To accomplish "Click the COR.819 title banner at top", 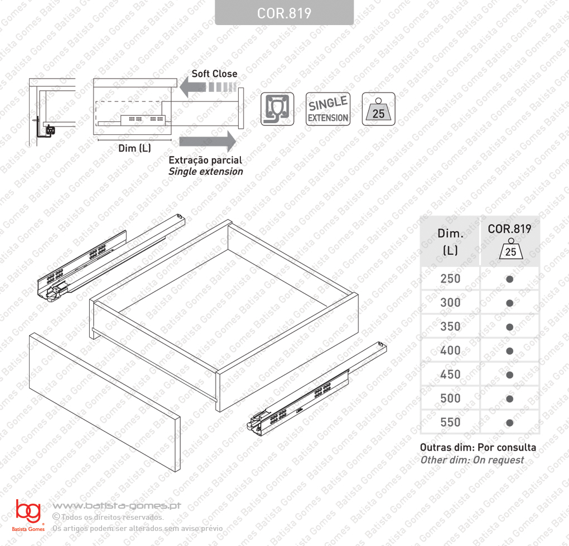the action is tap(284, 13).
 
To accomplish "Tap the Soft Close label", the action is tap(214, 74).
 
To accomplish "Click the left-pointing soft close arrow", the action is tap(208, 87).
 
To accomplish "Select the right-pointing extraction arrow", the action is tap(208, 141).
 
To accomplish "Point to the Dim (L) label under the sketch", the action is tap(134, 148).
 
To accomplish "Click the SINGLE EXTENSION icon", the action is tap(328, 109).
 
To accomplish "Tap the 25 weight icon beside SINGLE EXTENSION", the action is tap(378, 109).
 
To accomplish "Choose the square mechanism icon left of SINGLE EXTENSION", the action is tap(277, 109).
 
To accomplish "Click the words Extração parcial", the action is tap(205, 160).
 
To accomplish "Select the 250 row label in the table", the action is tap(450, 279).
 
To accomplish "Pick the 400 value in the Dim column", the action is tap(450, 350).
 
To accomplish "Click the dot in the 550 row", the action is tap(510, 422).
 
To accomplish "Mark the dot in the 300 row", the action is tap(510, 303).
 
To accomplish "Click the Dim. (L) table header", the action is tap(450, 242).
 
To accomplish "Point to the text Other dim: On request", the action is tap(472, 460).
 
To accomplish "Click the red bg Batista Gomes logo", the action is tap(28, 515).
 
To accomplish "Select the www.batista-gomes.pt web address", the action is tap(117, 506).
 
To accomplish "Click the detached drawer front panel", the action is tap(104, 402).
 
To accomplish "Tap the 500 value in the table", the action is tap(450, 398).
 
